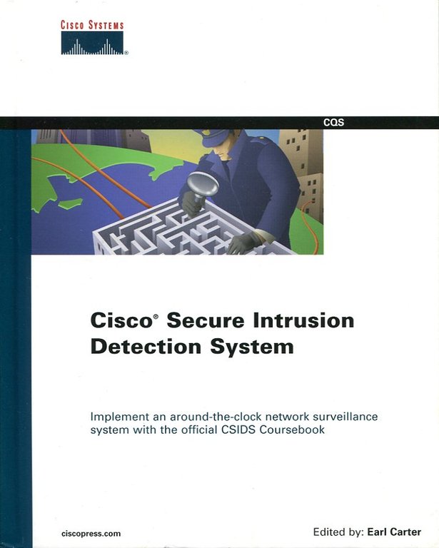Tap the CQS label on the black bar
(x=333, y=123)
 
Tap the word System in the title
(x=249, y=347)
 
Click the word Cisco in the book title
(x=118, y=320)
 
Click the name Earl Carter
(x=393, y=532)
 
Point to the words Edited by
(x=337, y=532)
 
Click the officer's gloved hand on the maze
(x=241, y=243)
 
